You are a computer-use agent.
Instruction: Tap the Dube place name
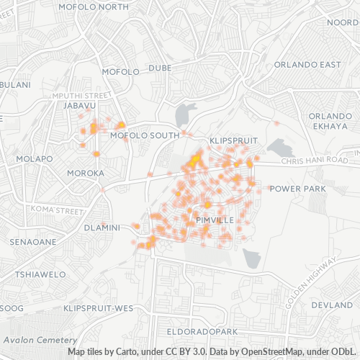[160, 68]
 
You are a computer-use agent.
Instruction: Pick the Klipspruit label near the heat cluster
[228, 139]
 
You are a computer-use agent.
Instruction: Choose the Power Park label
[298, 189]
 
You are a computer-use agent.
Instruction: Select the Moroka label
[86, 174]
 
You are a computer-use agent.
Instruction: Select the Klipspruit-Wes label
[99, 308]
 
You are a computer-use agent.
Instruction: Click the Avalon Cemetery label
[39, 340]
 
